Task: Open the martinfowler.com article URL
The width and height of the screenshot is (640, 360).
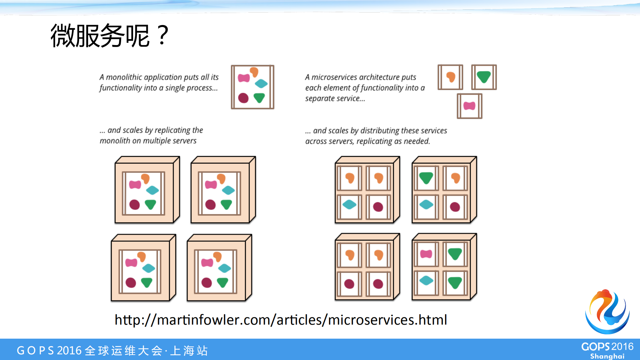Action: (x=281, y=320)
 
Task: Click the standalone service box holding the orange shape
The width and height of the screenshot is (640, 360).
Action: (x=450, y=77)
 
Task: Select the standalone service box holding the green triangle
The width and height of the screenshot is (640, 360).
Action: (x=484, y=77)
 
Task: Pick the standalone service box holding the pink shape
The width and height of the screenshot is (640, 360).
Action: (x=470, y=106)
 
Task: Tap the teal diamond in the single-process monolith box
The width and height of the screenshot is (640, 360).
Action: (x=261, y=83)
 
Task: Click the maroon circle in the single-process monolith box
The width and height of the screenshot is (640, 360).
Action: (x=243, y=98)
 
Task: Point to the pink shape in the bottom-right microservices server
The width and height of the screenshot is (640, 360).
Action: (x=426, y=254)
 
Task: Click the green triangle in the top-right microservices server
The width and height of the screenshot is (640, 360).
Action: (x=426, y=177)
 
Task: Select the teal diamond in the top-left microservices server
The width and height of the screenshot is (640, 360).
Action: (x=350, y=204)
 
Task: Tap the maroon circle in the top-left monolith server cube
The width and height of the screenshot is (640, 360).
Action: (x=134, y=205)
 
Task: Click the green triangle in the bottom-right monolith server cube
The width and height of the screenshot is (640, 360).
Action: (x=222, y=283)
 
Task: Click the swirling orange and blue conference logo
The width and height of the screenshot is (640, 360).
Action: (x=608, y=312)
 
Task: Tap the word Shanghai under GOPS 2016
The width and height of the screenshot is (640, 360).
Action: (x=607, y=356)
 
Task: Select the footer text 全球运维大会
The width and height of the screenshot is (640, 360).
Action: (x=124, y=351)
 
